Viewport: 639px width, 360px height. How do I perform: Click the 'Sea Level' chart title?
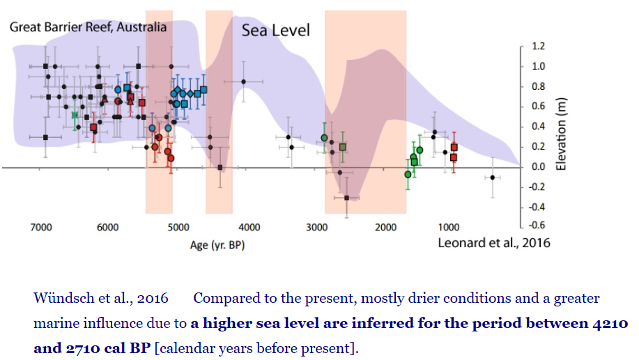[x=275, y=30]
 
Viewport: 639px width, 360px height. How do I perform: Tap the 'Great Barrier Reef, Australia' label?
[x=88, y=27]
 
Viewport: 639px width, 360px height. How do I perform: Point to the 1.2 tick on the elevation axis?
[x=539, y=47]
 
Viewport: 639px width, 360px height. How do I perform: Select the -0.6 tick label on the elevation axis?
[x=537, y=225]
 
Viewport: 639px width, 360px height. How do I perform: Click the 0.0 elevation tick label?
[x=539, y=167]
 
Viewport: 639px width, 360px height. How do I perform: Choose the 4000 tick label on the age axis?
[x=249, y=228]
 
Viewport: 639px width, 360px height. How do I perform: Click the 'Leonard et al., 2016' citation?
[x=493, y=243]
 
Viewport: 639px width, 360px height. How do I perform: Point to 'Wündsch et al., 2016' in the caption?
[x=101, y=299]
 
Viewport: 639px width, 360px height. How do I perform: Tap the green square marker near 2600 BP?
[x=343, y=147]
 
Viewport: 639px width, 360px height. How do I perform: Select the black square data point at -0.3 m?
[x=347, y=198]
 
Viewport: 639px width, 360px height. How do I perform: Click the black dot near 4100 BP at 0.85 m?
[x=243, y=81]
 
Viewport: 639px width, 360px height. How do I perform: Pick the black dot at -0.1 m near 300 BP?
[x=493, y=177]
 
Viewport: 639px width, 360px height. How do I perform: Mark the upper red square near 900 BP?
[x=454, y=147]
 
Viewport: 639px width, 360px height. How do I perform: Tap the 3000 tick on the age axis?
[x=317, y=228]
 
